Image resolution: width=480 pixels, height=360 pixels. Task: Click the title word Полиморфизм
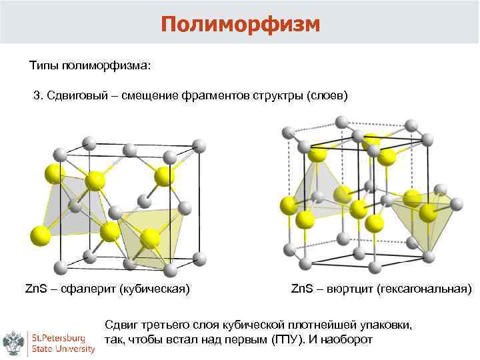[x=240, y=24]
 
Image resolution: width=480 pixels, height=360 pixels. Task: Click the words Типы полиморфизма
[x=90, y=66]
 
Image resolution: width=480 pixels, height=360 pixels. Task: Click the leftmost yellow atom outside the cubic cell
[x=40, y=235]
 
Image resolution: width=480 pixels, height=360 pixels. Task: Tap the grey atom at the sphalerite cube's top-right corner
[x=198, y=145]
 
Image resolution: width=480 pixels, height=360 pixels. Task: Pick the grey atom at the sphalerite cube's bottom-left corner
[x=60, y=267]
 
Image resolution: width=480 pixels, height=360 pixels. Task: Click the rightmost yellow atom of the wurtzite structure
[x=457, y=204]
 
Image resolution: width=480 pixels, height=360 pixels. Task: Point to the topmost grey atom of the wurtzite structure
[x=341, y=122]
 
